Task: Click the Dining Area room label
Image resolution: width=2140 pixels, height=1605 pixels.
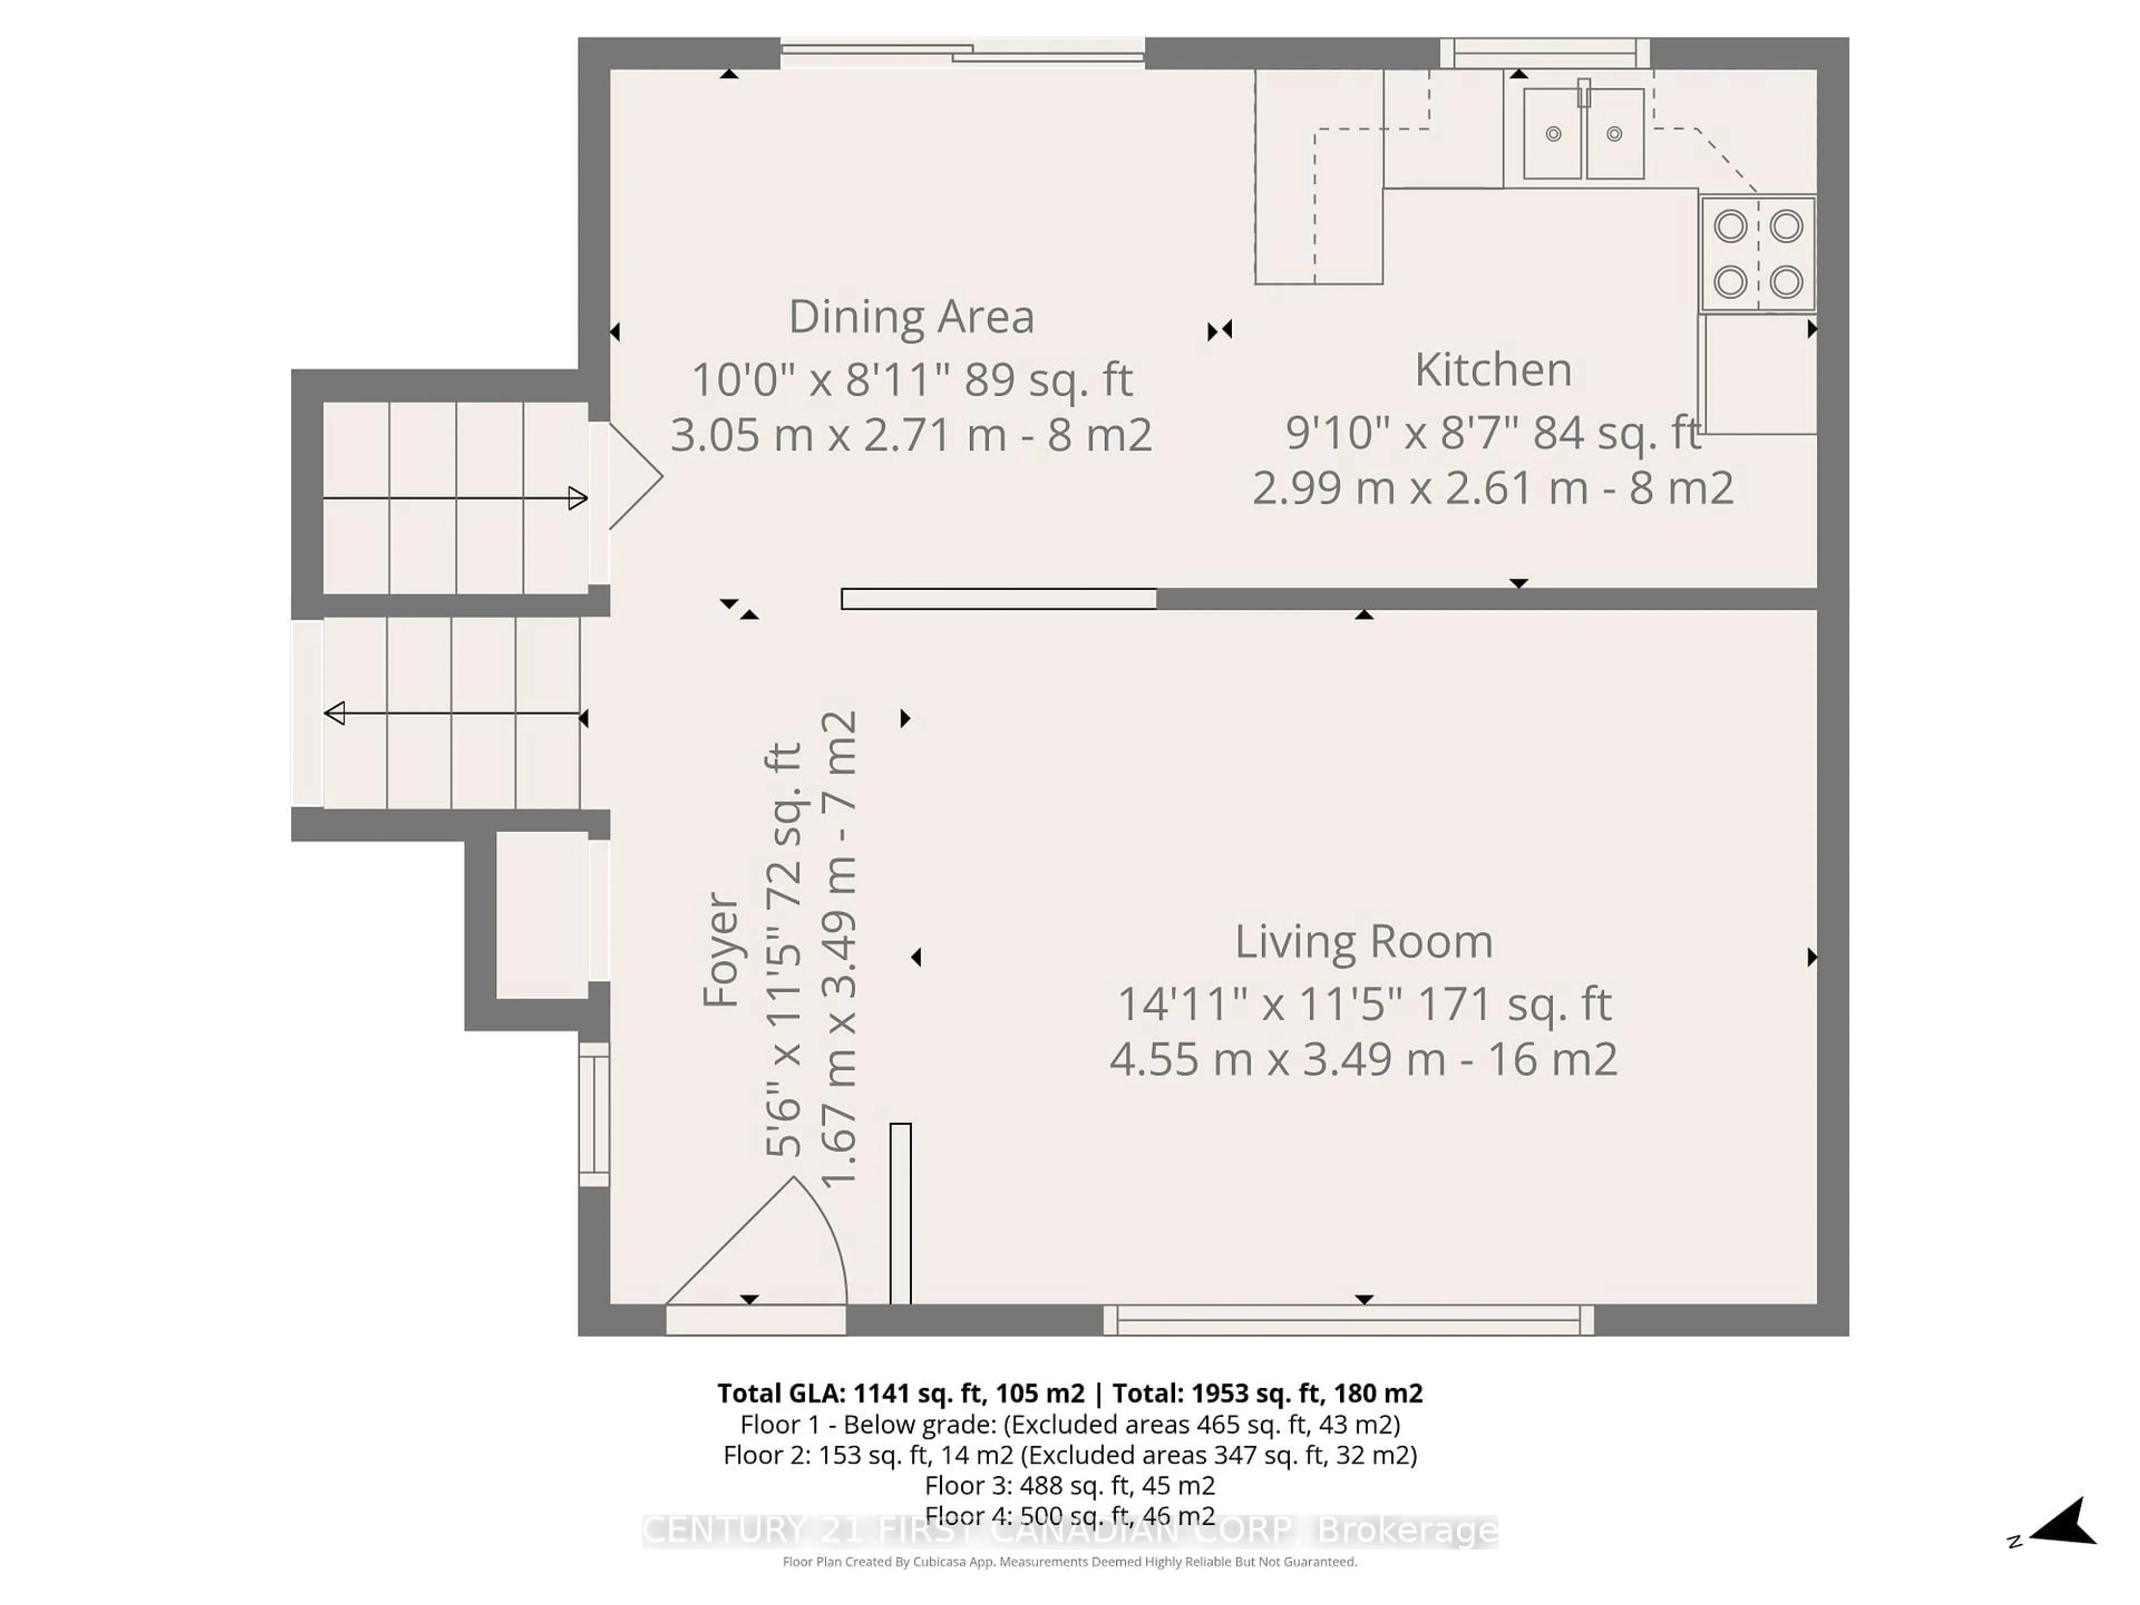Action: point(911,317)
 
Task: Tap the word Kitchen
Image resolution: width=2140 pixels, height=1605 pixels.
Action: point(1493,369)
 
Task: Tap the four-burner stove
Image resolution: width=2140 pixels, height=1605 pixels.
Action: point(1757,254)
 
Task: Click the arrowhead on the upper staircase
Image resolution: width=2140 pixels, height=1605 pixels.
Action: point(577,498)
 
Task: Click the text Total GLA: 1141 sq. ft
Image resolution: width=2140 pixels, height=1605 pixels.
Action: point(899,1393)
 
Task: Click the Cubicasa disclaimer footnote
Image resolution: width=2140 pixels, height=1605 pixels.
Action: point(1069,1562)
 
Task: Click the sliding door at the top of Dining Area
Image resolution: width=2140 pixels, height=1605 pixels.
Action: point(962,52)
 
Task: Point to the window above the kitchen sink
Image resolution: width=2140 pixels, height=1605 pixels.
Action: point(1544,52)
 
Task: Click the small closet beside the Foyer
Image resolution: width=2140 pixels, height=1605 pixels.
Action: point(542,915)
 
